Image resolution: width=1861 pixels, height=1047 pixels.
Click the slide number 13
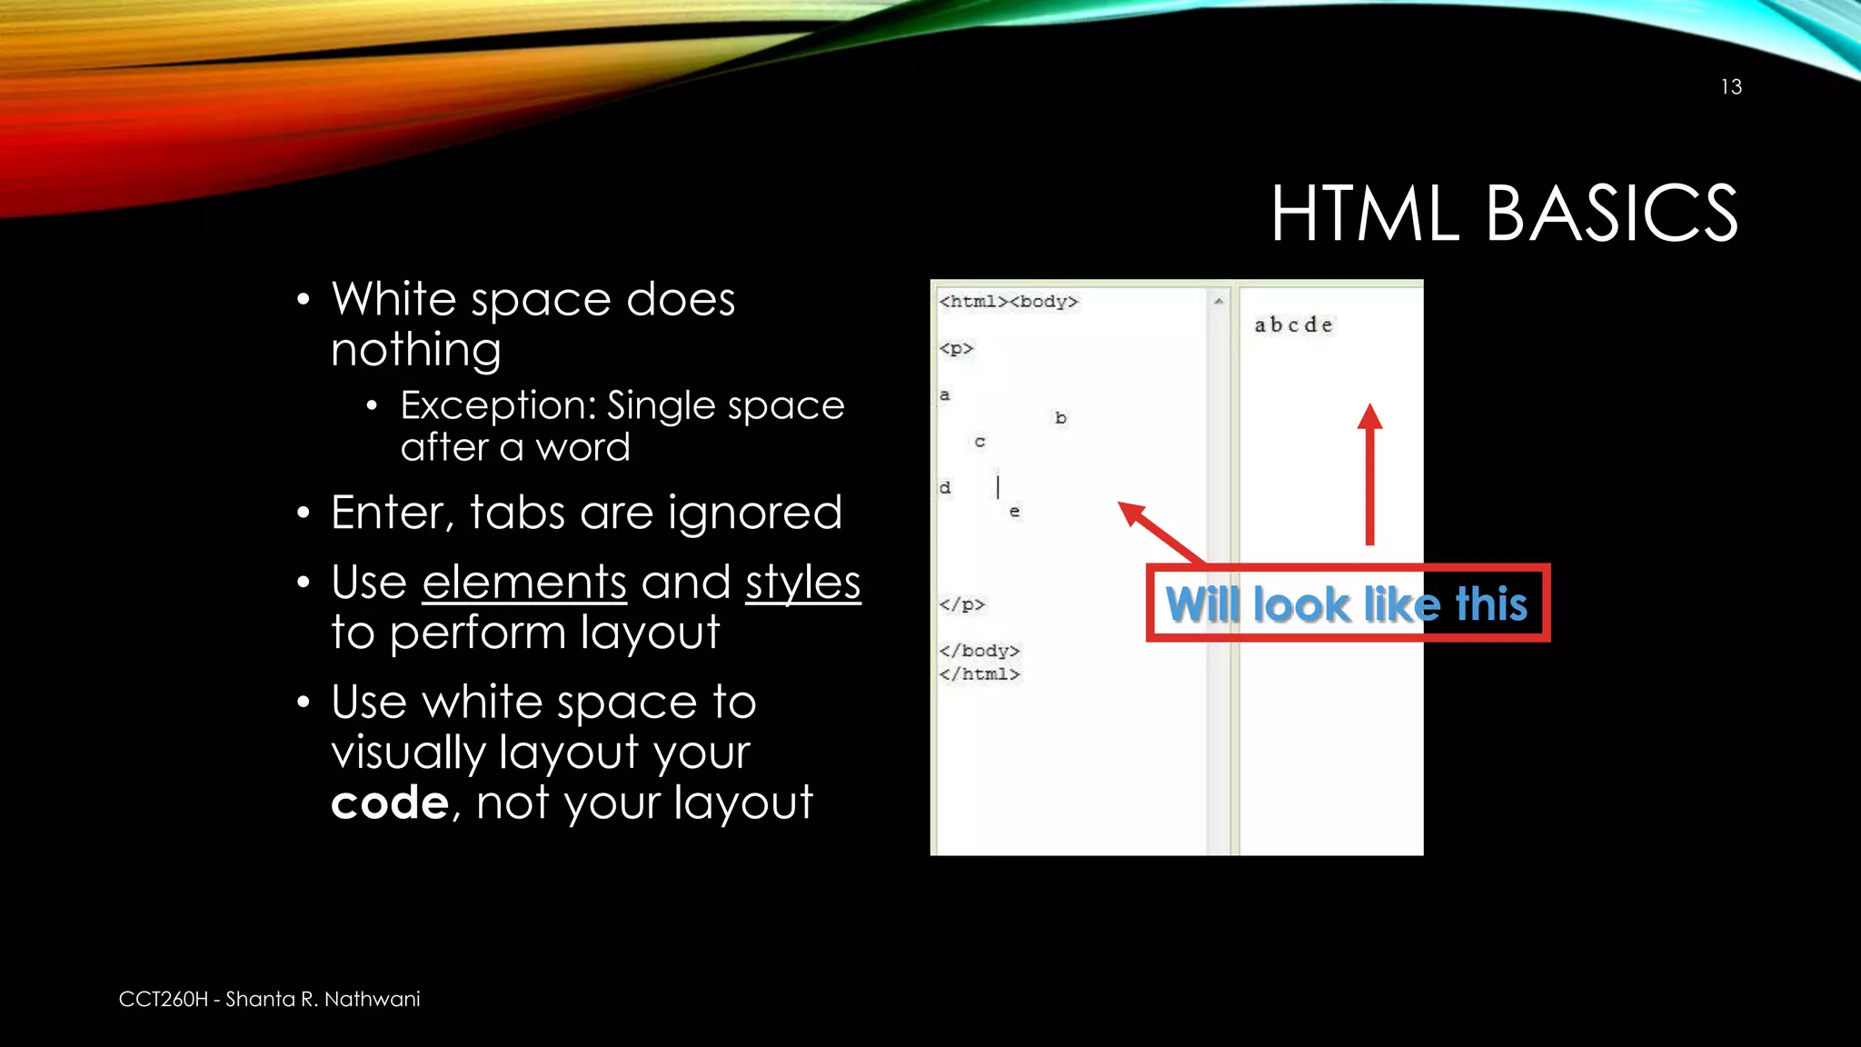pyautogui.click(x=1731, y=87)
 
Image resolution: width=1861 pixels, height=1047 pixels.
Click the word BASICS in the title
pyautogui.click(x=1611, y=214)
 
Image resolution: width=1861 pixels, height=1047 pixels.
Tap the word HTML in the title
pyautogui.click(x=1364, y=214)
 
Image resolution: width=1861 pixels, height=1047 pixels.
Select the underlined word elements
pyautogui.click(x=524, y=583)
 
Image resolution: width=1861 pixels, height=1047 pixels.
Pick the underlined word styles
pyautogui.click(x=802, y=583)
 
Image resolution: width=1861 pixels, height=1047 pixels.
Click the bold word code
pyautogui.click(x=390, y=803)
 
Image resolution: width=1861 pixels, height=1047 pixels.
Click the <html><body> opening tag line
pyautogui.click(x=1009, y=302)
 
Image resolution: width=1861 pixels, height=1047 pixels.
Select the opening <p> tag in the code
pyautogui.click(x=956, y=348)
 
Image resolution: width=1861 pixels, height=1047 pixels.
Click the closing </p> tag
pyautogui.click(x=961, y=604)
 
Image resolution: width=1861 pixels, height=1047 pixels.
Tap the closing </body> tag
pyautogui.click(x=979, y=651)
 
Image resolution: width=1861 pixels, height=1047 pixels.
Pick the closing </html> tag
pyautogui.click(x=979, y=674)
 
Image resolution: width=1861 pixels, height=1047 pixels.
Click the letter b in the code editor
pyautogui.click(x=1060, y=418)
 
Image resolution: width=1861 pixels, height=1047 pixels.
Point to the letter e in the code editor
pyautogui.click(x=1014, y=512)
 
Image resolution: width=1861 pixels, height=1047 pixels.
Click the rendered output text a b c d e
pyautogui.click(x=1293, y=325)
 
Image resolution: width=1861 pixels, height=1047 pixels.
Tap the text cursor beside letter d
pyautogui.click(x=998, y=487)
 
